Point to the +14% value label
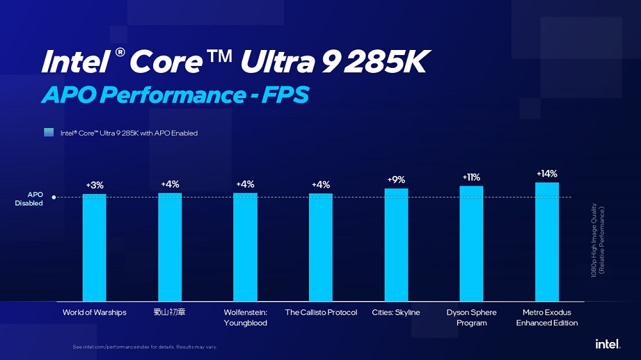tap(547, 174)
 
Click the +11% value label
tap(471, 177)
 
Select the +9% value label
tap(396, 180)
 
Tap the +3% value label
tap(94, 185)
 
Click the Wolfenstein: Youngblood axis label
tap(246, 318)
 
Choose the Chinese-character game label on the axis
tap(170, 313)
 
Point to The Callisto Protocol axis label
tap(320, 313)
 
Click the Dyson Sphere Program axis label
tap(471, 318)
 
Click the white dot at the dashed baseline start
tap(54, 197)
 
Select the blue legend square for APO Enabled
tap(49, 133)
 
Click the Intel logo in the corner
tap(608, 344)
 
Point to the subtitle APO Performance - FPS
tap(175, 95)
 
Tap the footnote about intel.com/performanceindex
tap(145, 347)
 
